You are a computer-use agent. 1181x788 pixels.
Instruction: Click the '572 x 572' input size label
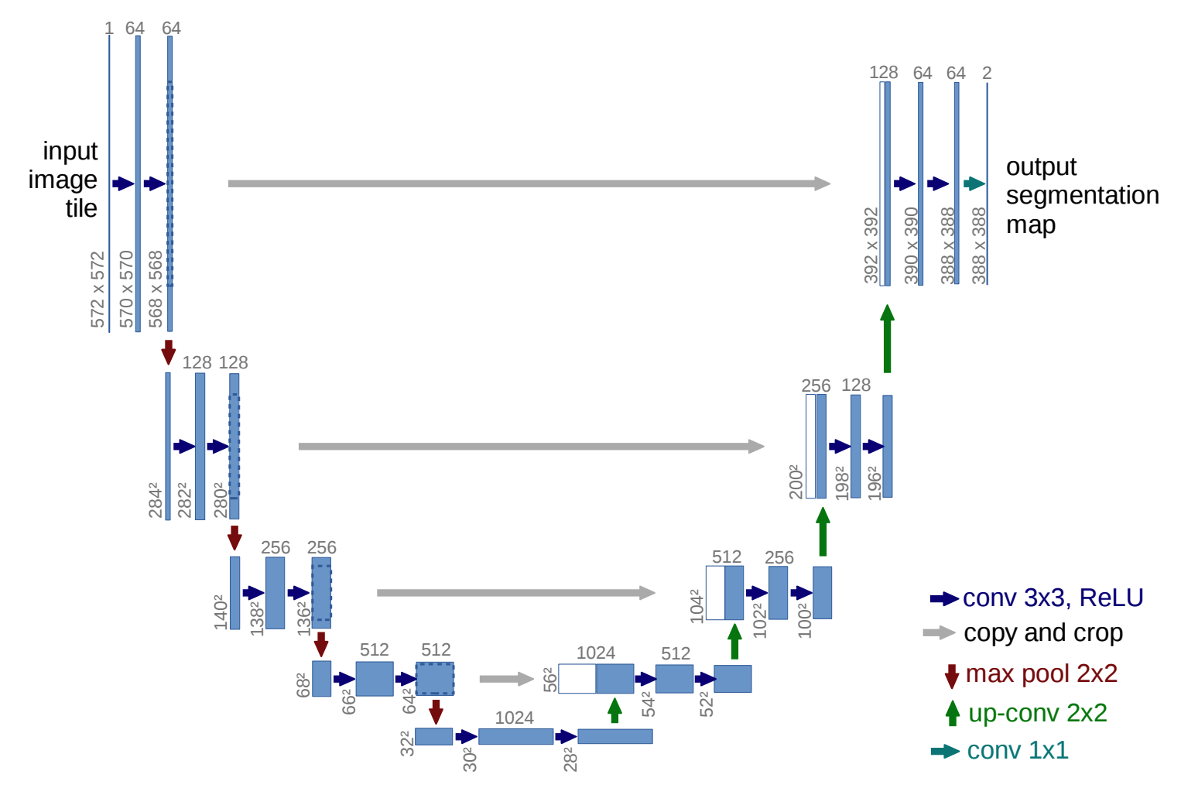click(x=98, y=289)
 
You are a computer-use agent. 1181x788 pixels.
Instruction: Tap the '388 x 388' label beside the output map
click(x=979, y=245)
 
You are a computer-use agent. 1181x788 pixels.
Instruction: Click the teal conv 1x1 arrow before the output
click(x=974, y=183)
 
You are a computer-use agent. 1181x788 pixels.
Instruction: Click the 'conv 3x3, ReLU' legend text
click(x=1053, y=598)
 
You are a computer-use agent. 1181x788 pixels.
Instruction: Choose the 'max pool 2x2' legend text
click(x=1041, y=673)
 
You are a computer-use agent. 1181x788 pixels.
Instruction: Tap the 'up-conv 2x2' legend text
click(x=1037, y=712)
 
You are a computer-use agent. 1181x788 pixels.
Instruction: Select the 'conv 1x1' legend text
click(x=1017, y=750)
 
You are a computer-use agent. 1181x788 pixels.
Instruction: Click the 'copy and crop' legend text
click(x=1042, y=633)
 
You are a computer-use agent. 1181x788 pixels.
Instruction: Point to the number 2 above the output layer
click(x=987, y=73)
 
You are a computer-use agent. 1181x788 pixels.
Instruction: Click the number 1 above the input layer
click(x=109, y=29)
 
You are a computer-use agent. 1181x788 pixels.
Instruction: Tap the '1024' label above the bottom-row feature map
click(x=514, y=718)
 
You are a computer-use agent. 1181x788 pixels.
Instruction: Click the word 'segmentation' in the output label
click(x=1082, y=195)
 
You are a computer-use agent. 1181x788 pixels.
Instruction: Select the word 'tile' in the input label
click(x=81, y=208)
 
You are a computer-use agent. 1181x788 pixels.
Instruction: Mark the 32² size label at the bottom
click(x=407, y=743)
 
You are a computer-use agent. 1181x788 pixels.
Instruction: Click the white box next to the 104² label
click(x=715, y=593)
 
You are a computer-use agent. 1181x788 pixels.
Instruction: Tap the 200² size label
click(x=794, y=481)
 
